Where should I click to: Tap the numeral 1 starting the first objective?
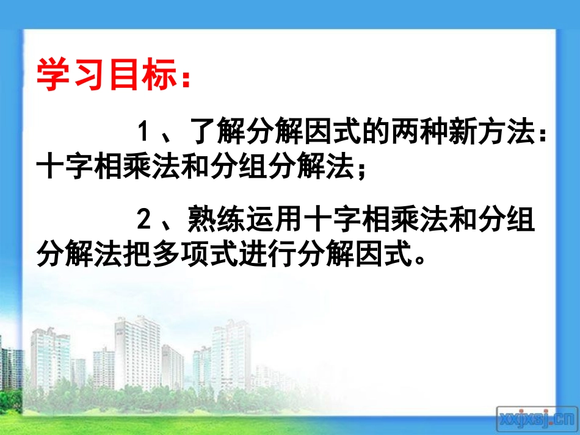(143, 132)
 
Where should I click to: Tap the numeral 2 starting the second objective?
(143, 220)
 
